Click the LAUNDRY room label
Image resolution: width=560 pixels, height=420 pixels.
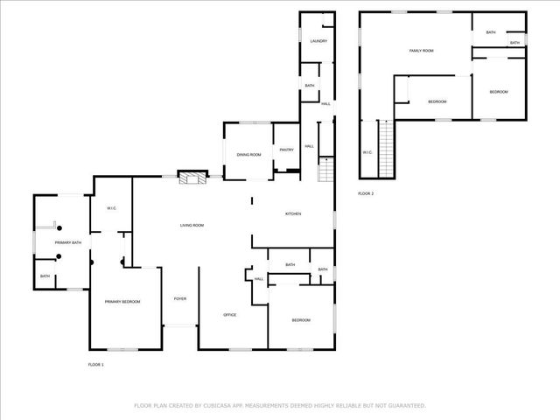click(318, 41)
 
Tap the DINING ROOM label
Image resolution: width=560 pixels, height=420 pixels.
click(249, 155)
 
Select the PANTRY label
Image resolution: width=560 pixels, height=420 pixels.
click(286, 150)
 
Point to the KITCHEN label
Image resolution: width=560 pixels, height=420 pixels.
click(293, 213)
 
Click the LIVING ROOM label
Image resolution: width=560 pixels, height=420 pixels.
click(192, 226)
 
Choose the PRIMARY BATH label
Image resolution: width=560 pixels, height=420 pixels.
click(68, 242)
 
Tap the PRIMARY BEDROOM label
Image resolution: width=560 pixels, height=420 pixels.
click(122, 302)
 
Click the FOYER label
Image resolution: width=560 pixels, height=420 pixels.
click(179, 298)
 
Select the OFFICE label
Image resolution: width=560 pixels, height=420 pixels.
click(230, 315)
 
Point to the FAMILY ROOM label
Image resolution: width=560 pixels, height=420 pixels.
click(422, 51)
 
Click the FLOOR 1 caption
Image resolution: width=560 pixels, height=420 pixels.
click(96, 364)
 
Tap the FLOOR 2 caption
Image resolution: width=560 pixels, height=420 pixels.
click(366, 193)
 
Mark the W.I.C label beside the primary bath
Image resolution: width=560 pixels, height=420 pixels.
click(112, 208)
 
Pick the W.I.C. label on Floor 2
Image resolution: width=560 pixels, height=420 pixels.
click(367, 153)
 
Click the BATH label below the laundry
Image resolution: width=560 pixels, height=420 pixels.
click(310, 86)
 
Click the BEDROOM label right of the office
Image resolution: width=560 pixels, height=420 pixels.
click(301, 320)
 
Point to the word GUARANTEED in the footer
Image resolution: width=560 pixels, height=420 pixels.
click(406, 406)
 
